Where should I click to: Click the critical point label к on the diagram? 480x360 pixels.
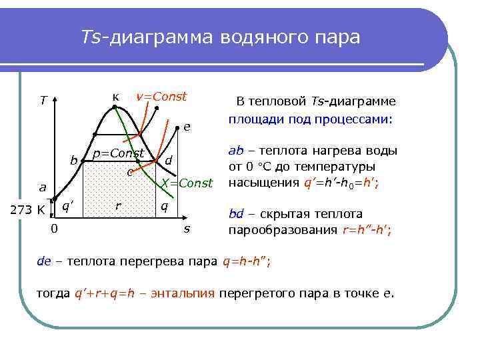pyautogui.click(x=116, y=97)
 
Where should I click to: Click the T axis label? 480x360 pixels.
pyautogui.click(x=43, y=101)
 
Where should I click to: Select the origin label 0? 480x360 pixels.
pyautogui.click(x=54, y=230)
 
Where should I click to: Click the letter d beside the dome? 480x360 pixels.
pyautogui.click(x=169, y=160)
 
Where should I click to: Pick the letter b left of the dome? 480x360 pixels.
pyautogui.click(x=74, y=160)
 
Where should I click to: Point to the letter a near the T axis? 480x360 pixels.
pyautogui.click(x=42, y=188)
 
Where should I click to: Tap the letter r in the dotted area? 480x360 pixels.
pyautogui.click(x=118, y=206)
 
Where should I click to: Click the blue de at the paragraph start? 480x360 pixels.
pyautogui.click(x=43, y=261)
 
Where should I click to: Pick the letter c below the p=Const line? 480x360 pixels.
pyautogui.click(x=129, y=173)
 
